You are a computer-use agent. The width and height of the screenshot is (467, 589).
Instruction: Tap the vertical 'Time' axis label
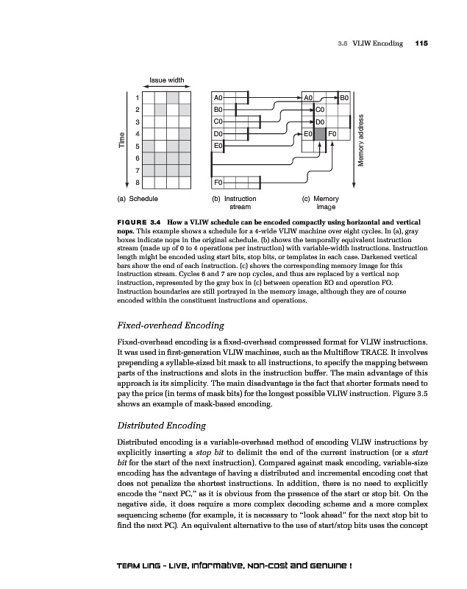point(123,138)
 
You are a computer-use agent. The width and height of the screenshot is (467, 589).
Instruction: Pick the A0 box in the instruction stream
point(218,97)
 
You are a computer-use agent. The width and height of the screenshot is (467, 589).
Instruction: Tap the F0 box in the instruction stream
point(218,182)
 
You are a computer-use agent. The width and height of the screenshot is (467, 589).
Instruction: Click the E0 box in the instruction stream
point(218,146)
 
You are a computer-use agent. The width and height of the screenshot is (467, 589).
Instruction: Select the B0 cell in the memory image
point(344,97)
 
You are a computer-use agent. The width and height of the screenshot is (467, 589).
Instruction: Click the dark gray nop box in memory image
point(320,134)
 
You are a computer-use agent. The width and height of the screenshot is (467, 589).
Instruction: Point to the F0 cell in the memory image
point(332,134)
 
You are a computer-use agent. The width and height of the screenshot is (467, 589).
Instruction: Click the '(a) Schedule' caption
point(137,199)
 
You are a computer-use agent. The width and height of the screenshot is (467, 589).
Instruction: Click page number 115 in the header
point(421,43)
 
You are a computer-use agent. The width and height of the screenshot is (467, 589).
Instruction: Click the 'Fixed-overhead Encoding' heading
point(171,325)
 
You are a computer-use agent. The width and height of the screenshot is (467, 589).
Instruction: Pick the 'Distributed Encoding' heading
point(162,424)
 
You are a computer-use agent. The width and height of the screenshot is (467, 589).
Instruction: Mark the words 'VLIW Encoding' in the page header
point(377,43)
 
